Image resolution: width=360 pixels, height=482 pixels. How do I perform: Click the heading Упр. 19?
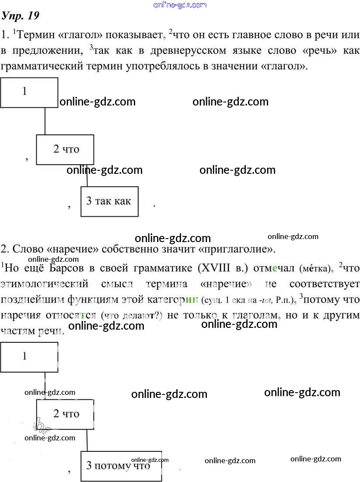pos(21,16)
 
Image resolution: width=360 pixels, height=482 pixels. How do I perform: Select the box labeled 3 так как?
pos(109,201)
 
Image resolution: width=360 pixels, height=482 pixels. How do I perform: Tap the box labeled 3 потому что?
pos(121,466)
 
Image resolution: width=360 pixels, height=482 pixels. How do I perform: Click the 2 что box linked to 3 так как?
pos(64,150)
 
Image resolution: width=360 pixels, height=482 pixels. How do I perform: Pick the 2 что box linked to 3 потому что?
pos(65,414)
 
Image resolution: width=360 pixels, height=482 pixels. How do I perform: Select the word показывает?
pos(131,35)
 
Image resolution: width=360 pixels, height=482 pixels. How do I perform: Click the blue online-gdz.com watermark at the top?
pos(180,5)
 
